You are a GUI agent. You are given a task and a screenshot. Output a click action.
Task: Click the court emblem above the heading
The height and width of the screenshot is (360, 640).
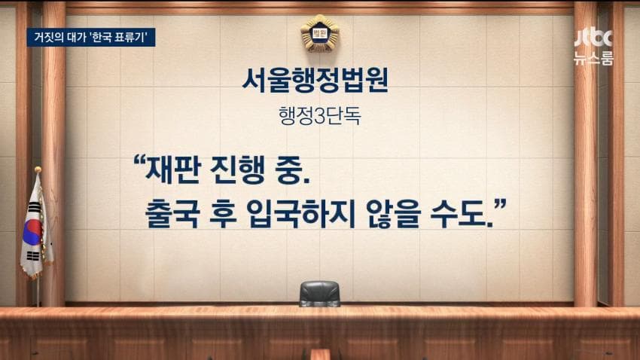[319, 34]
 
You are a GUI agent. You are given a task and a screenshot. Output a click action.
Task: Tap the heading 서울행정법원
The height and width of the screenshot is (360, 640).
[315, 80]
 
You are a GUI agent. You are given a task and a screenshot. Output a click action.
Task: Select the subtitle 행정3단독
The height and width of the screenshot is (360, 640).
[319, 116]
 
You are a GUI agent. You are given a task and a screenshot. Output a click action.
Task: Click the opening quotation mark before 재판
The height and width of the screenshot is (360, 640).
[139, 161]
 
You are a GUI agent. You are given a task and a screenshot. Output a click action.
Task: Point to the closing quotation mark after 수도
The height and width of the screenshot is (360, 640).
[500, 205]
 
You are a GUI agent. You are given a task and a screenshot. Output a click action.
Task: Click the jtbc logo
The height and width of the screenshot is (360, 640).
[594, 38]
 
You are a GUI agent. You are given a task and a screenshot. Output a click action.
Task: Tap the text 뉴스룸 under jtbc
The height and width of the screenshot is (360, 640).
[594, 58]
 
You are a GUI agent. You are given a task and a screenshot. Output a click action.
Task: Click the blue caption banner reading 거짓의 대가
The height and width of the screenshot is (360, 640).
[91, 37]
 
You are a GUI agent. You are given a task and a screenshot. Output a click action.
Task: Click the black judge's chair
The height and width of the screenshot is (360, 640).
[319, 293]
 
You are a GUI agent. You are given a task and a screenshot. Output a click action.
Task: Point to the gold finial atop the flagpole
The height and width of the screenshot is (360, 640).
[38, 169]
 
